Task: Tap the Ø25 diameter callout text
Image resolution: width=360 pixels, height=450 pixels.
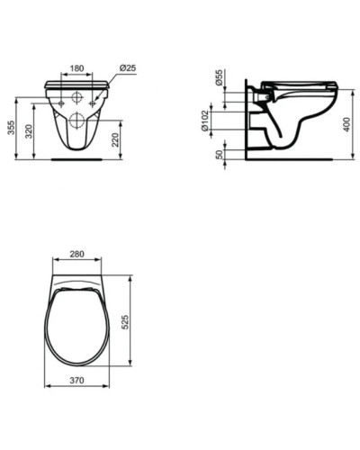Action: pos(126,68)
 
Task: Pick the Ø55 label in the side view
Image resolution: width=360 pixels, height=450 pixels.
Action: pos(220,78)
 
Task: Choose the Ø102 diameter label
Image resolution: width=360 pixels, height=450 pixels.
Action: pos(206,122)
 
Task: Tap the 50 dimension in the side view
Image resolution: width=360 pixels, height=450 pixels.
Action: pos(220,153)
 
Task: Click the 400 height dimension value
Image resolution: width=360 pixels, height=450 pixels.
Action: pos(346,123)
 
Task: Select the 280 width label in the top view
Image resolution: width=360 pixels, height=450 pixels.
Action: pos(76,255)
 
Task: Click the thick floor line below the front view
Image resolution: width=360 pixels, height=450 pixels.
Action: pos(76,160)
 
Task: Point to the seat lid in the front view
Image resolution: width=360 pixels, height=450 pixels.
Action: pos(76,84)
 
